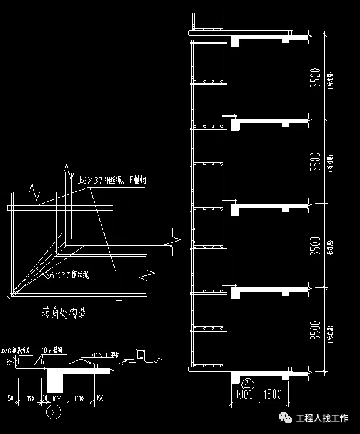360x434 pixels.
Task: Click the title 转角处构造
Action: tap(64, 313)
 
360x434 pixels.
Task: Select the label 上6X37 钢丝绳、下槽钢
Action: tap(111, 181)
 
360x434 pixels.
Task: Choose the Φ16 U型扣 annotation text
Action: tap(106, 355)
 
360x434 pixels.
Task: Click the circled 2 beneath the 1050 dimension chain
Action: tap(53, 412)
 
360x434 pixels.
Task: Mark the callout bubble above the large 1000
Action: tap(248, 384)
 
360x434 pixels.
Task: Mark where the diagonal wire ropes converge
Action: tap(10, 296)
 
